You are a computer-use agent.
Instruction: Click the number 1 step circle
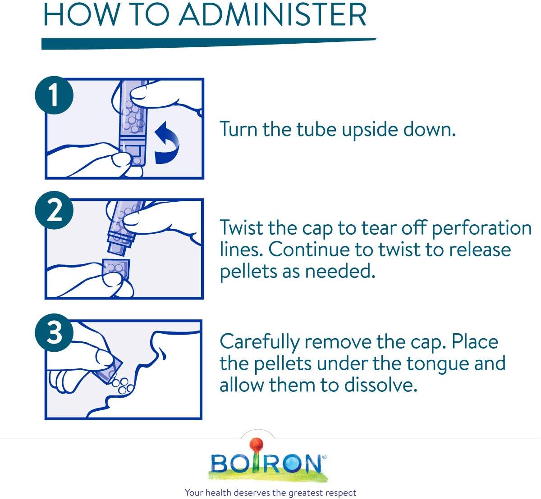coord(54,95)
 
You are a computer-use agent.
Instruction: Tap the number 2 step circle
coord(54,210)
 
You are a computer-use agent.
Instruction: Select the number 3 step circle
coord(54,332)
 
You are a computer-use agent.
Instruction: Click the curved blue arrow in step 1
coord(167,143)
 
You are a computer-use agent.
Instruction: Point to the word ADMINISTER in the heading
coord(273,15)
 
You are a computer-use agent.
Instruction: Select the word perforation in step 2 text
coord(481,228)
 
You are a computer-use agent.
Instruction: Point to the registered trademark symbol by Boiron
coord(324,458)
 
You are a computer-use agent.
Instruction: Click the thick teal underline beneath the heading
coord(209,44)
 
